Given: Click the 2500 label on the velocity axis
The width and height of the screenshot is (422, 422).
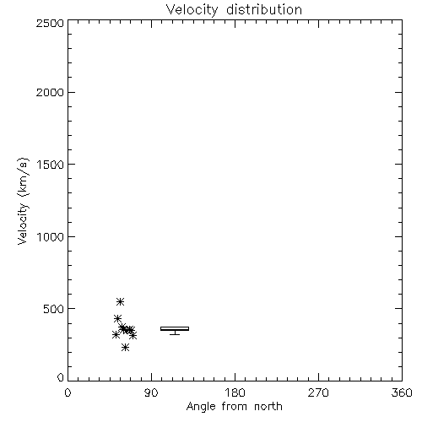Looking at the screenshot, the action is [x=50, y=24].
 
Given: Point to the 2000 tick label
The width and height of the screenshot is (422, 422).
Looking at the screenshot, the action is [x=50, y=92].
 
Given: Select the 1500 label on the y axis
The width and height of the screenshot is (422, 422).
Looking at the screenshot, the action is [x=51, y=165].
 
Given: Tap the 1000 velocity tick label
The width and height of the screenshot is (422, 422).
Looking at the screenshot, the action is [x=51, y=237].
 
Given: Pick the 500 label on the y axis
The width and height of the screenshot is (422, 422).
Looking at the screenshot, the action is [x=54, y=309].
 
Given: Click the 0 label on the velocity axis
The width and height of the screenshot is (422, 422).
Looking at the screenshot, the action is [x=61, y=377].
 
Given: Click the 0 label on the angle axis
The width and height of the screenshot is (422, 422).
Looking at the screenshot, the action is [x=68, y=392].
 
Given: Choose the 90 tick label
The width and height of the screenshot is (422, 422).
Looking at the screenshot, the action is [x=151, y=392].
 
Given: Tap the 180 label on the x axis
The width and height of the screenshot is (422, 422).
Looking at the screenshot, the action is [x=235, y=392].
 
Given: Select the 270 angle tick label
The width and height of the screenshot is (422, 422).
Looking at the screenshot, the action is [x=318, y=392].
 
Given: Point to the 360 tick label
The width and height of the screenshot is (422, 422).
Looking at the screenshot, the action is [x=402, y=392].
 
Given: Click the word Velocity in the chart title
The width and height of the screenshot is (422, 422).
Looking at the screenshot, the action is [x=192, y=10].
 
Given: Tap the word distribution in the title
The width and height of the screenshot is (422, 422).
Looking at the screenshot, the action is [x=264, y=9].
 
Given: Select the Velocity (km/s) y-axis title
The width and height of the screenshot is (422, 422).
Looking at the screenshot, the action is [x=23, y=201].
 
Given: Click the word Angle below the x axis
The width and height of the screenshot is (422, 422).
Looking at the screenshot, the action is [x=201, y=407].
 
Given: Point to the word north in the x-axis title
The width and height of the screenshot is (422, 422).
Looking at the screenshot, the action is [x=268, y=406].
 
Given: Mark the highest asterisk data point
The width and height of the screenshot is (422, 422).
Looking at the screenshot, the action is [x=120, y=302].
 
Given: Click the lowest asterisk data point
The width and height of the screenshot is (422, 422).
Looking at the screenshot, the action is [x=125, y=348].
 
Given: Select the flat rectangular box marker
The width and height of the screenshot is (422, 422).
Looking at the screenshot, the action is [x=175, y=328].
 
